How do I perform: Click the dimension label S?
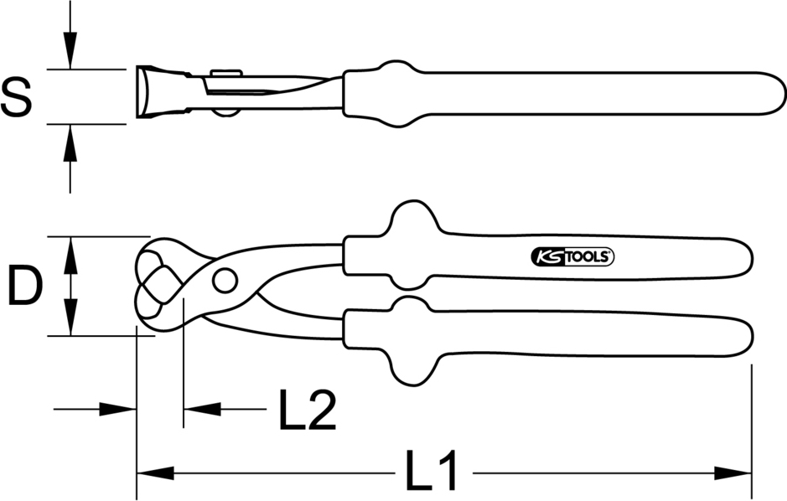(16, 96)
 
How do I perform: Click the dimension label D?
(25, 287)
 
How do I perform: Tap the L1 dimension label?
(432, 473)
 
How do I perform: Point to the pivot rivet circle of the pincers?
(224, 281)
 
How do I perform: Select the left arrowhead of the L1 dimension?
(155, 473)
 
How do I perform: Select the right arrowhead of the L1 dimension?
(733, 473)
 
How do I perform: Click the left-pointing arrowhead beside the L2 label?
(201, 410)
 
